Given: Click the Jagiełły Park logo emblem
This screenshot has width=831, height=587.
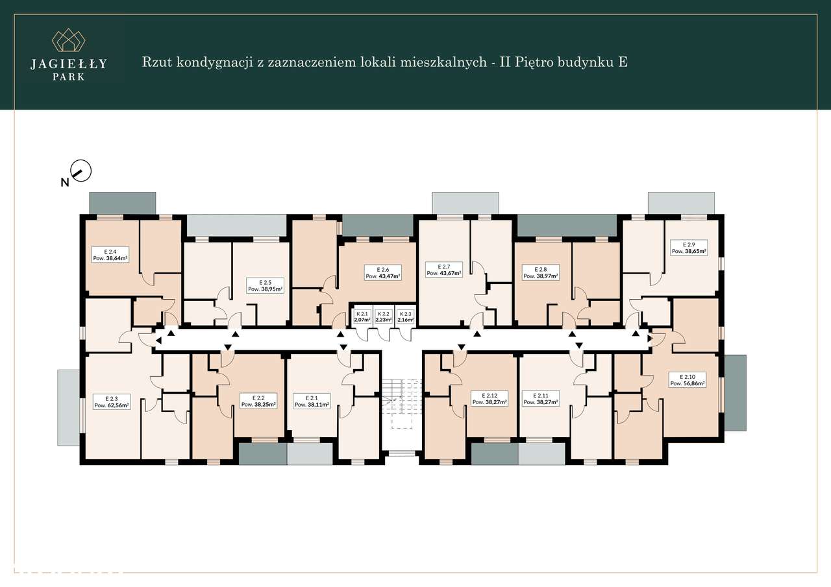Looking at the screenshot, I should [x=68, y=40].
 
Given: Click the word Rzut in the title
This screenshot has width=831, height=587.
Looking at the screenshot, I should [x=156, y=62].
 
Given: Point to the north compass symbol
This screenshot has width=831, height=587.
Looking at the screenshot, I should [x=81, y=171].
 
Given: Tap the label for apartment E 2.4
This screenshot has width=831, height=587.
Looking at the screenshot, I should [x=109, y=254].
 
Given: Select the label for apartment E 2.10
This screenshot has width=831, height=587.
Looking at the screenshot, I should [x=688, y=379].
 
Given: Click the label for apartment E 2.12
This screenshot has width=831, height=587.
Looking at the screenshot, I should [x=490, y=399].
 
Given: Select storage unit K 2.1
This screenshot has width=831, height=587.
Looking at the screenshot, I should [x=362, y=317].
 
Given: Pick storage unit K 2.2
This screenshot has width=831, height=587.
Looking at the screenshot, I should [x=384, y=317].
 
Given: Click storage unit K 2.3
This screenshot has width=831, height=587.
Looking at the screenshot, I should [x=405, y=317].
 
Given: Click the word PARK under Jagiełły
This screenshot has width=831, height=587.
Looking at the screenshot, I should [x=68, y=76].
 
